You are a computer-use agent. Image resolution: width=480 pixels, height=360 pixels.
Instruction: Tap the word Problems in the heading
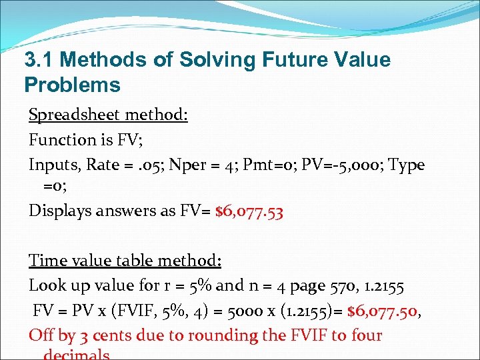72,85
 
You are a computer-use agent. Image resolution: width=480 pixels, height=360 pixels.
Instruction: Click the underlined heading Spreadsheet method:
108,115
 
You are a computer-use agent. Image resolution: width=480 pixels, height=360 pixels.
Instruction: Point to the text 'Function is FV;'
77,139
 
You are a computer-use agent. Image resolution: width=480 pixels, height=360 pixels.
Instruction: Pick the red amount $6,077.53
249,212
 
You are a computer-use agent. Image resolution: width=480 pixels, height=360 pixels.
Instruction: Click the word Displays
61,212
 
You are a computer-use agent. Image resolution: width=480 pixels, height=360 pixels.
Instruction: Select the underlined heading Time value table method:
125,260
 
